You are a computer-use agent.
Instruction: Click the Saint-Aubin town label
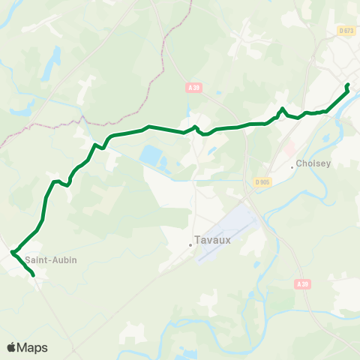click(x=50, y=260)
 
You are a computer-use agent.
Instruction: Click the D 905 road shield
click(x=262, y=182)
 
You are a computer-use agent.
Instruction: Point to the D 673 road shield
click(x=345, y=30)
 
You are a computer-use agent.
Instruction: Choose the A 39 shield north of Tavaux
click(x=194, y=88)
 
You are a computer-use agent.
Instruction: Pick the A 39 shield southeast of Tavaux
click(x=302, y=283)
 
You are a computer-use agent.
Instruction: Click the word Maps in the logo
click(x=32, y=347)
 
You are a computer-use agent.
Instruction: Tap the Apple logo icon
click(x=12, y=346)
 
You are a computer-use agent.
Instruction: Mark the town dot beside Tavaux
click(x=190, y=244)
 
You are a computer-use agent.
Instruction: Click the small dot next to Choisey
click(x=292, y=167)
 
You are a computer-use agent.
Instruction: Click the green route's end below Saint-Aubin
click(x=34, y=275)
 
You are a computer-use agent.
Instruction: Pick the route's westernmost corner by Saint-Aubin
click(x=13, y=252)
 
